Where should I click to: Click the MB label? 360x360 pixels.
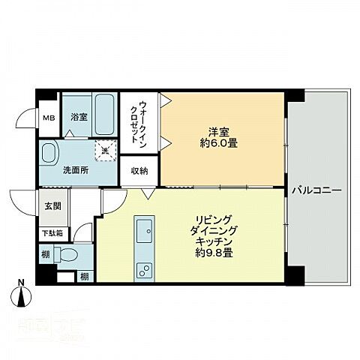click(x=48, y=118)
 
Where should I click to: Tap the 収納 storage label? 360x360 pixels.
click(x=139, y=171)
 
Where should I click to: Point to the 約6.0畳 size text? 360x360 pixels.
click(x=218, y=142)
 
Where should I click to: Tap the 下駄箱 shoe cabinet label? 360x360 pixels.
click(x=50, y=233)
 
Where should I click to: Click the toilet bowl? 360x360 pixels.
click(x=68, y=253)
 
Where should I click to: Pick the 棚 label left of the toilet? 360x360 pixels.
click(x=47, y=255)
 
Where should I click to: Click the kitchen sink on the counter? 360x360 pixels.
click(x=143, y=229)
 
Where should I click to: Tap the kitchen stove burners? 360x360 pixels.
click(x=143, y=271)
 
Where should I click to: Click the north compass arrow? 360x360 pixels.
click(x=22, y=298)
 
